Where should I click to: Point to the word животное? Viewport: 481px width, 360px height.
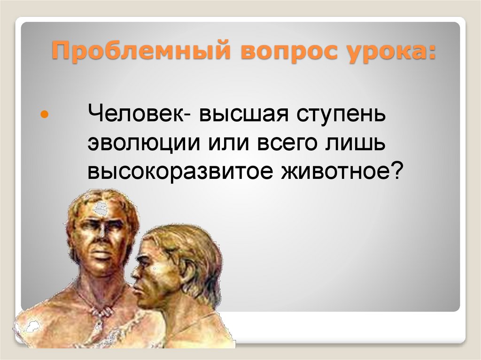342,173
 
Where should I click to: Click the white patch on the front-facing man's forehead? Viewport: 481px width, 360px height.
100,207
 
